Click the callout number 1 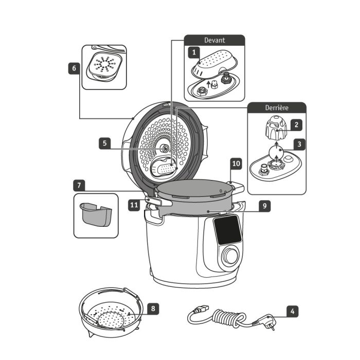coord(193,52)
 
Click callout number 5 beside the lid coord(105,144)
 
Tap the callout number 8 coord(153,309)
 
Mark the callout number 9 coord(264,206)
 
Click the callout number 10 coord(236,164)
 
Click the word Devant coord(214,40)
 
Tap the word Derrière coord(277,108)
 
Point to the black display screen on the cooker coord(226,230)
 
